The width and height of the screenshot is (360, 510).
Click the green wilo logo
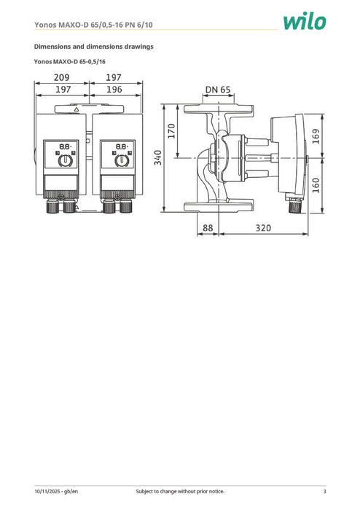(307, 22)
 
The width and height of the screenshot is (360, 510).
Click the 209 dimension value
(61, 76)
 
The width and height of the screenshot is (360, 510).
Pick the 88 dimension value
(208, 228)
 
